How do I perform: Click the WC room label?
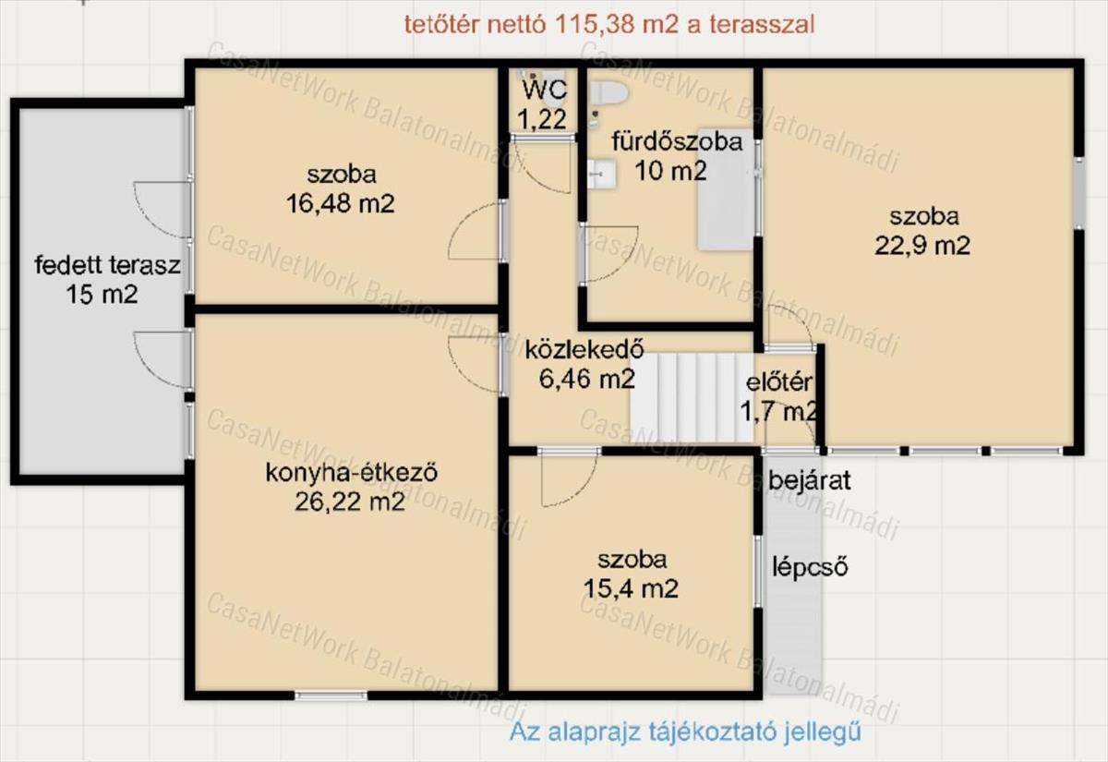(x=545, y=91)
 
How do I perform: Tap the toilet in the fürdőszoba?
(x=608, y=92)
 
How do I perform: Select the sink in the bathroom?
(x=602, y=174)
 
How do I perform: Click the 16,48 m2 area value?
(x=341, y=203)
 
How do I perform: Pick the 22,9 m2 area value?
(x=922, y=246)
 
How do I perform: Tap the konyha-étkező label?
(x=352, y=473)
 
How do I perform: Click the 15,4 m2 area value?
(x=631, y=589)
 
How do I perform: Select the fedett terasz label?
(x=107, y=265)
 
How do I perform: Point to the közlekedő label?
(x=584, y=349)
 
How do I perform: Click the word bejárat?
(x=810, y=480)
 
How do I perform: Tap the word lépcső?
(x=811, y=567)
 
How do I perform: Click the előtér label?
(x=779, y=382)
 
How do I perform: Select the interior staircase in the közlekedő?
(x=692, y=398)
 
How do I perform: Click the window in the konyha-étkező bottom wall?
(x=331, y=695)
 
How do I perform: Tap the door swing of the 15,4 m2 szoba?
(x=569, y=480)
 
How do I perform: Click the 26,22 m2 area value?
(x=350, y=502)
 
